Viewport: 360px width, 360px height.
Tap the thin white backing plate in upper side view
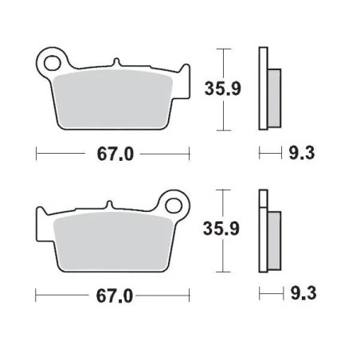[x=261, y=88]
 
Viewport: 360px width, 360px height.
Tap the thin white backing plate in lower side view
[x=261, y=231]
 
